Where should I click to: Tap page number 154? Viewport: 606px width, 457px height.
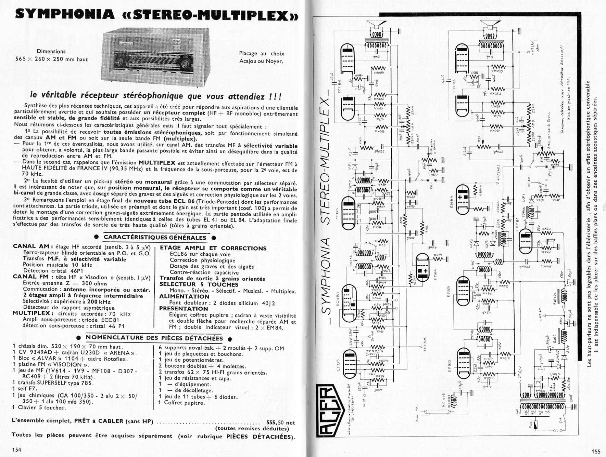[x=16, y=449]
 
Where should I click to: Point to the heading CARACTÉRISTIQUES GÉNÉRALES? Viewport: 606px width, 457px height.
[x=155, y=238]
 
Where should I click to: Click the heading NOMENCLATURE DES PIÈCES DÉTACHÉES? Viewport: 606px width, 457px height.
[x=154, y=338]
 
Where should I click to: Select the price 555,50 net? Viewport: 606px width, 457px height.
[x=280, y=422]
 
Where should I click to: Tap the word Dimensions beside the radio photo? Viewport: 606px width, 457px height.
[x=51, y=52]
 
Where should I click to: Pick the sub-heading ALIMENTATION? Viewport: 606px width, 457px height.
[x=184, y=296]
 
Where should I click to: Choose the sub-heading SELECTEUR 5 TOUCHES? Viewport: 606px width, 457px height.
[x=199, y=284]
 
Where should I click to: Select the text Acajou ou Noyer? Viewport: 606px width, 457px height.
[x=261, y=61]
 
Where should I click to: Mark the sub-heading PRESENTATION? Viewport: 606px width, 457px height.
[x=184, y=308]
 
